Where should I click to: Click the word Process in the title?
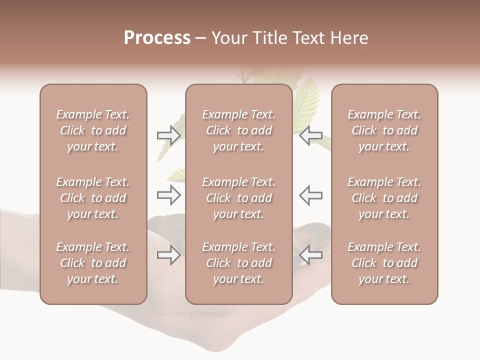[157, 38]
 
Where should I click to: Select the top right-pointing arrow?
[169, 135]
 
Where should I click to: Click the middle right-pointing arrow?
[169, 195]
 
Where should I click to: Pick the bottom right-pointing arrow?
[169, 255]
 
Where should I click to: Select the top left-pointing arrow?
[311, 135]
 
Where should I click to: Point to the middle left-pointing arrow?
[311, 195]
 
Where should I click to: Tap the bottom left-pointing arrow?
[311, 255]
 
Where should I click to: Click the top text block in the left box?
[93, 130]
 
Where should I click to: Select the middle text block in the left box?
[93, 198]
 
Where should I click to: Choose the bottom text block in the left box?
[93, 263]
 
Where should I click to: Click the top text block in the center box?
[239, 130]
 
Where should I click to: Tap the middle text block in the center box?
[239, 198]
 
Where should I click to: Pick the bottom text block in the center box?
[239, 263]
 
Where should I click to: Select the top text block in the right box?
[384, 130]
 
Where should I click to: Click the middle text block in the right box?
[384, 198]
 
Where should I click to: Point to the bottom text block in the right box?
[384, 263]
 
